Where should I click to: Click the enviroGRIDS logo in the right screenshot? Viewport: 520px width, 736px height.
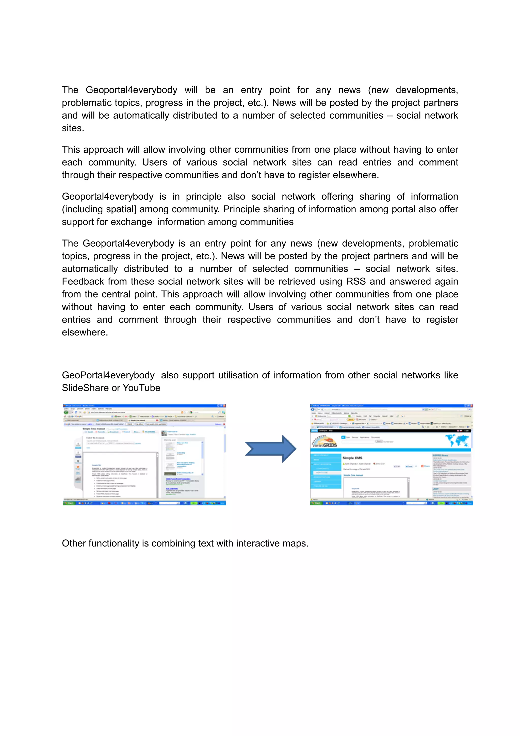click(x=324, y=442)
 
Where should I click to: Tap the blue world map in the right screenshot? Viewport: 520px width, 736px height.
click(x=458, y=440)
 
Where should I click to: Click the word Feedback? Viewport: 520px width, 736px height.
click(x=83, y=281)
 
